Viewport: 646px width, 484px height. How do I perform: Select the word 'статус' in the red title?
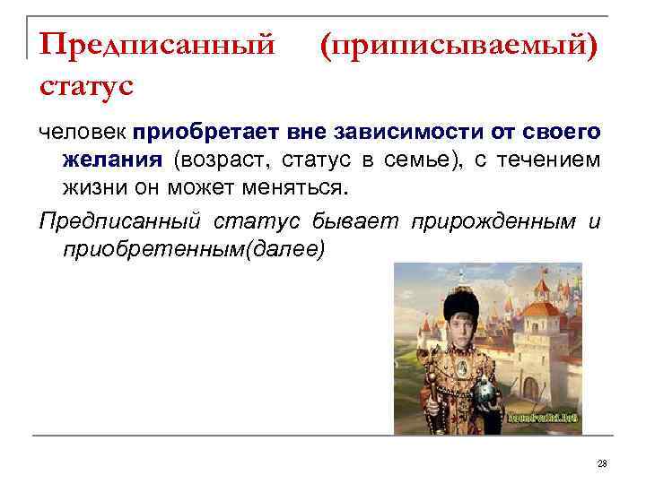(86, 88)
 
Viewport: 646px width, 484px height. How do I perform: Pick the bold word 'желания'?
(112, 161)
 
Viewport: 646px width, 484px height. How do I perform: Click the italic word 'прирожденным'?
(488, 220)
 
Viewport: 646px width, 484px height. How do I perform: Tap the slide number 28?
(602, 463)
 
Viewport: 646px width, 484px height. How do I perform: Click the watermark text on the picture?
(543, 418)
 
